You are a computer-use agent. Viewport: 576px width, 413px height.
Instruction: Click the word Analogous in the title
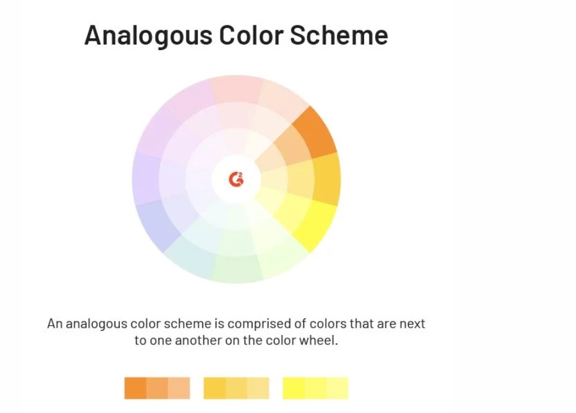pos(148,36)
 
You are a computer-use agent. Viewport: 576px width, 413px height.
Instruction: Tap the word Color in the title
pos(252,35)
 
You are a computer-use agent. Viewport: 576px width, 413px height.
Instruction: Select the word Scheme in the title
pos(339,35)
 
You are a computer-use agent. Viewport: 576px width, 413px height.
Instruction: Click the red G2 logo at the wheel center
pos(236,179)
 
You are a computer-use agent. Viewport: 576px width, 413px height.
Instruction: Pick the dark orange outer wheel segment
pos(316,132)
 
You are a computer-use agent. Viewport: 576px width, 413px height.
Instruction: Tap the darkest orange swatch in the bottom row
pos(135,388)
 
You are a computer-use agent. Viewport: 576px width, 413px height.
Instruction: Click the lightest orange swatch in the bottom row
pos(179,388)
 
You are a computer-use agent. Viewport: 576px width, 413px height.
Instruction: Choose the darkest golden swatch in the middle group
pos(214,388)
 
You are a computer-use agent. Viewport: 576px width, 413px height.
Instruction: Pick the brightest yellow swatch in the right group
pos(294,388)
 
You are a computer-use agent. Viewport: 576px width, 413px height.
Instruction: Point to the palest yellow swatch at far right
pos(337,388)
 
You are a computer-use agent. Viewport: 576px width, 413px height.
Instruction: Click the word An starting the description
pos(55,324)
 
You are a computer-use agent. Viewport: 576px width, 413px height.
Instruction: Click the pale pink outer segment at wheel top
pos(237,89)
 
